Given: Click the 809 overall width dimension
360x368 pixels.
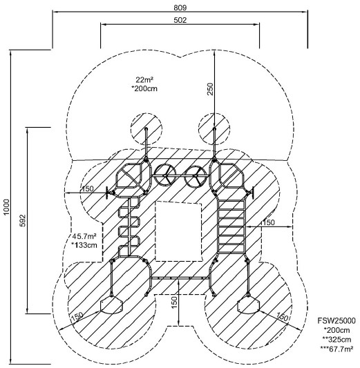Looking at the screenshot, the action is coord(180,8).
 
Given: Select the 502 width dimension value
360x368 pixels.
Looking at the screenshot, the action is coord(180,20).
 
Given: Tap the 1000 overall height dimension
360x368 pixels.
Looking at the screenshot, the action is coord(6,206).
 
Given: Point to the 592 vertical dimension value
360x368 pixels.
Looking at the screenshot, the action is coord(23,220).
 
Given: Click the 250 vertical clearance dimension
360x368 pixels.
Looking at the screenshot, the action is coord(211,89).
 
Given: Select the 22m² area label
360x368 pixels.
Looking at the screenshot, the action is coord(144,80).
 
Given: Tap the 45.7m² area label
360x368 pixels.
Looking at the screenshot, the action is coord(84,236).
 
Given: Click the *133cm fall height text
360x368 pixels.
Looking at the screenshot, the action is coord(84,245).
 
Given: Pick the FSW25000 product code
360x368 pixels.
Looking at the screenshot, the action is coord(337,320).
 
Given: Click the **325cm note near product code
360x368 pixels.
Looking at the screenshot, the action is coord(337,340).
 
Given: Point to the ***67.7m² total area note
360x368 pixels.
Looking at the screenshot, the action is coord(337,349).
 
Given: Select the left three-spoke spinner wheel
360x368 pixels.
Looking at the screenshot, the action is coord(165,175).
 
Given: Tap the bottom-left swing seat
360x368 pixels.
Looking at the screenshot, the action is coord(111,305).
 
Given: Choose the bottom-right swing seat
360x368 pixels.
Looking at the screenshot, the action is coord(249,305).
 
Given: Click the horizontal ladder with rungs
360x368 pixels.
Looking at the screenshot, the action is coord(231,226).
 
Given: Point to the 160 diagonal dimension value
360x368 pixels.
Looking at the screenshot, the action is coord(282,317).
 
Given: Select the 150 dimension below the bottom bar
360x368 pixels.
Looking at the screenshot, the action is coord(174,303).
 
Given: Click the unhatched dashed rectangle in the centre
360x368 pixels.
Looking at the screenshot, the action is coord(178,231).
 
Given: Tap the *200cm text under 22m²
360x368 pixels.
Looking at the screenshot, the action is coord(144,88).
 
